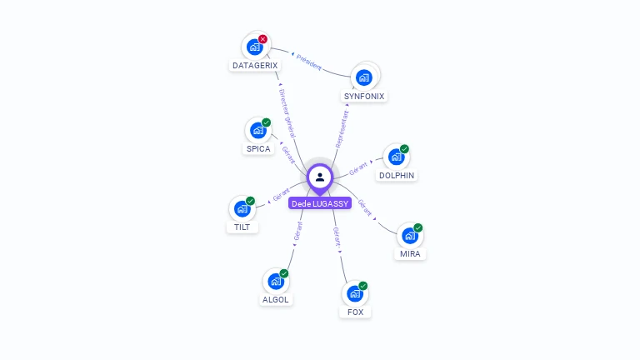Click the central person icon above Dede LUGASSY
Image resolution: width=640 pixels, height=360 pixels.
click(x=320, y=177)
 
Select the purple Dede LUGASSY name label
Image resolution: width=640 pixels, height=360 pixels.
click(x=320, y=203)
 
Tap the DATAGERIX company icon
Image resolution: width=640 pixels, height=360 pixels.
click(x=255, y=47)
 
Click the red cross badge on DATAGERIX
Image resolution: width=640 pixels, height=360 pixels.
click(x=263, y=38)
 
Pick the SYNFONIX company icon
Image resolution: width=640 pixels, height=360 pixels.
click(x=364, y=77)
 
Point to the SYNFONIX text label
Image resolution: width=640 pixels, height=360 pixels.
click(x=364, y=96)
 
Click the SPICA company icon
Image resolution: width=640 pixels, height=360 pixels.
click(x=258, y=131)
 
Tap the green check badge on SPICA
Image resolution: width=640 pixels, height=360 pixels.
click(x=267, y=122)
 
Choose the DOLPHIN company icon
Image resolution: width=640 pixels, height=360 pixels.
click(x=397, y=157)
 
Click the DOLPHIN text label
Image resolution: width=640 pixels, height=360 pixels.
click(x=397, y=176)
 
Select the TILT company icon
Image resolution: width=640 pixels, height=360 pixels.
click(x=242, y=208)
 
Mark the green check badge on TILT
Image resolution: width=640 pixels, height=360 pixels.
click(x=251, y=201)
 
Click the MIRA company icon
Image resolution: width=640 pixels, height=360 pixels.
click(x=410, y=236)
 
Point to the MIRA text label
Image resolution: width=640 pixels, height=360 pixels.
click(x=410, y=254)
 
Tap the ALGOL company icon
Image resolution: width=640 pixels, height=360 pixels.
click(x=276, y=282)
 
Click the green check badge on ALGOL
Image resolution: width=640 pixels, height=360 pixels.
click(x=284, y=273)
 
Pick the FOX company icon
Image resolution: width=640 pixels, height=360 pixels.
click(x=355, y=294)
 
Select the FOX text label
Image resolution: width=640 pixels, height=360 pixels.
click(x=355, y=312)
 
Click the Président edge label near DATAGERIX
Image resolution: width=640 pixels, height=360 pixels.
click(x=309, y=61)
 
